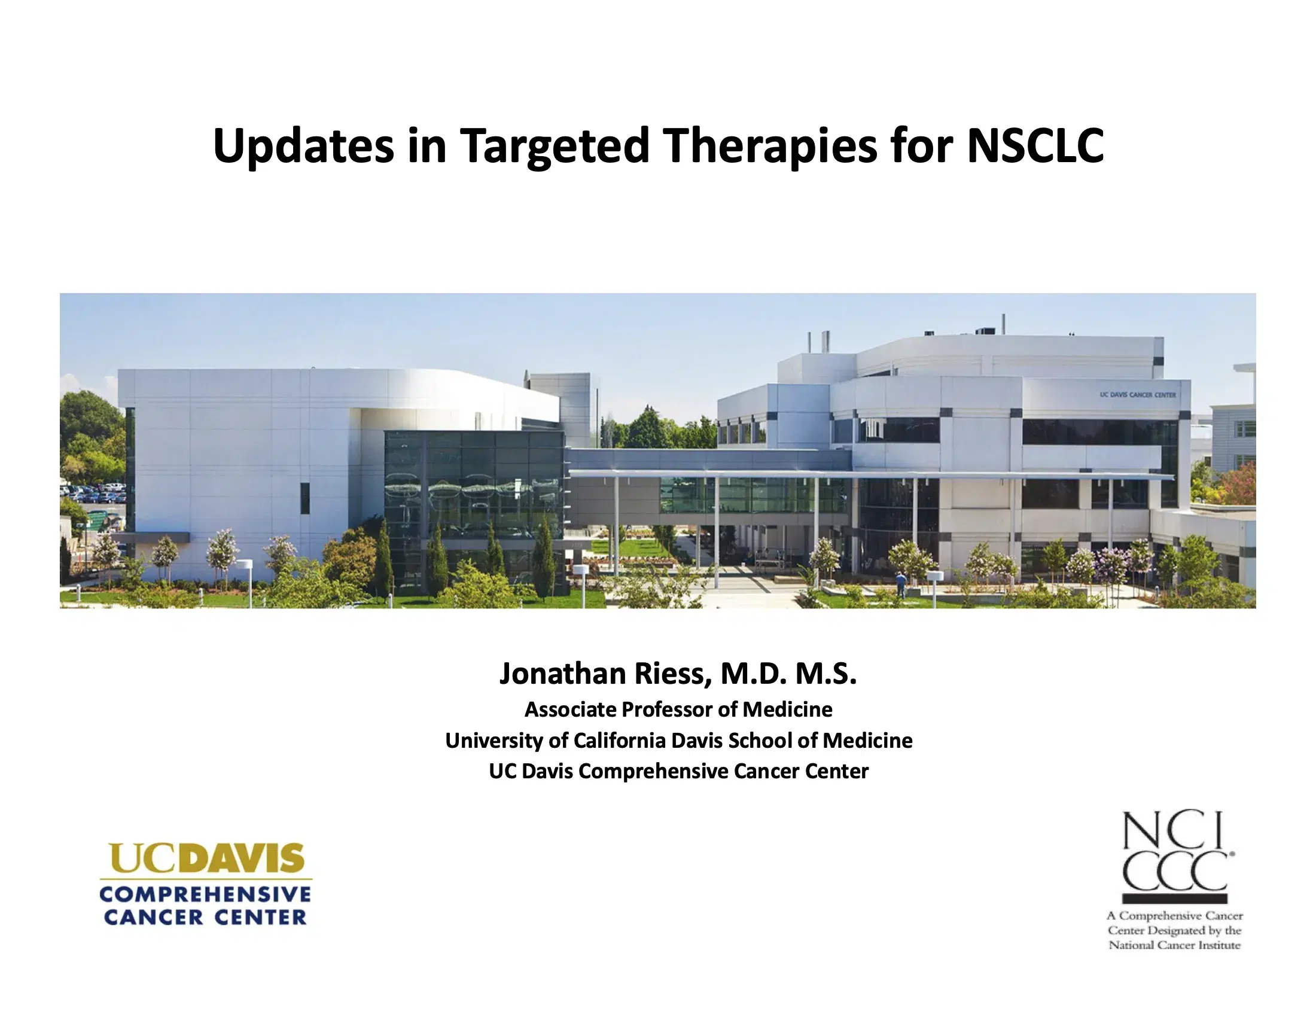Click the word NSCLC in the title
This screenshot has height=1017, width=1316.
pyautogui.click(x=1035, y=146)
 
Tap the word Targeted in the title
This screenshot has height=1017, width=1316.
pyautogui.click(x=555, y=146)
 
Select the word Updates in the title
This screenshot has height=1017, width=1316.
pyautogui.click(x=303, y=146)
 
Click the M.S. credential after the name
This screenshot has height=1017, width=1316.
pyautogui.click(x=825, y=674)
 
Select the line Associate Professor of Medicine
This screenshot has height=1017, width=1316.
pyautogui.click(x=678, y=710)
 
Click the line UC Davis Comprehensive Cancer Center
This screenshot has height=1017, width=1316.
pyautogui.click(x=678, y=771)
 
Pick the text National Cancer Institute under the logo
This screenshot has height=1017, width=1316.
pyautogui.click(x=1174, y=945)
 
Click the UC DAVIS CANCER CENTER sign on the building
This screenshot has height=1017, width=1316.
pyautogui.click(x=1138, y=395)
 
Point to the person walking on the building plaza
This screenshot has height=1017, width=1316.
pyautogui.click(x=900, y=584)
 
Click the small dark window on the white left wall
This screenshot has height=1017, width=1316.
pyautogui.click(x=305, y=498)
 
